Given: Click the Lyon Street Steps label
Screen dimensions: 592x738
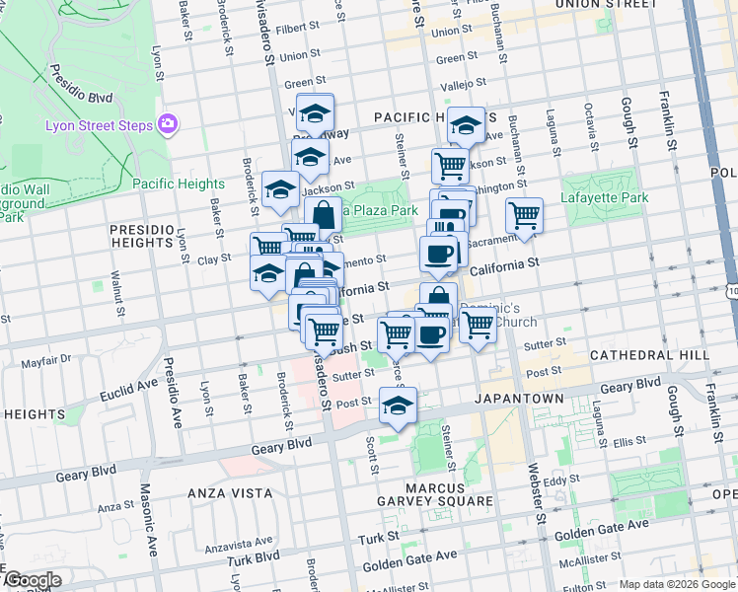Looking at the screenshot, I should (x=99, y=125).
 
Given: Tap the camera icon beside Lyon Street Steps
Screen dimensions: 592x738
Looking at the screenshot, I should (x=168, y=124).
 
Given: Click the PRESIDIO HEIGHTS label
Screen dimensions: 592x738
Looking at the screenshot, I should (x=142, y=235).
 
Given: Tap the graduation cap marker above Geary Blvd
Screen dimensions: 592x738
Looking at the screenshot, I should (x=398, y=405).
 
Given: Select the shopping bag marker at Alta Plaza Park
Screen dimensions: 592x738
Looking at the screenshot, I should (x=323, y=213).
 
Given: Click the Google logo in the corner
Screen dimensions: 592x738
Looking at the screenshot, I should (x=32, y=580).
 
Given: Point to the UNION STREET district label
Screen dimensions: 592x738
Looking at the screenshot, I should (x=606, y=4).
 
